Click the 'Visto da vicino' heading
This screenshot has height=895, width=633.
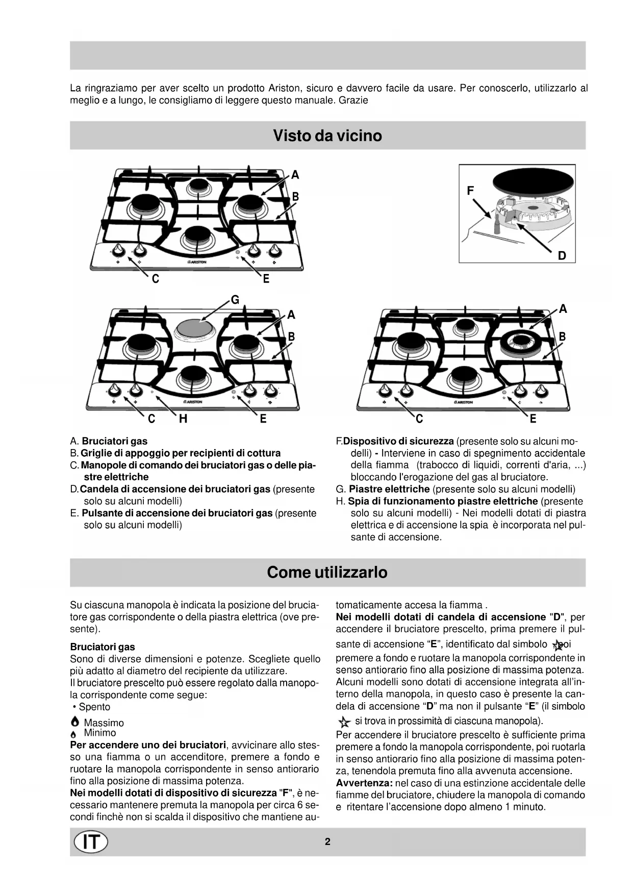[327, 136]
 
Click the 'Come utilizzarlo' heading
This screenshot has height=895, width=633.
[327, 572]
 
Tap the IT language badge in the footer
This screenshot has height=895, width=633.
[91, 842]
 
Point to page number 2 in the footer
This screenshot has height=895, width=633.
[327, 841]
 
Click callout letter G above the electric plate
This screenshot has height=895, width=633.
[235, 300]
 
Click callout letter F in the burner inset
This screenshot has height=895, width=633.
[470, 191]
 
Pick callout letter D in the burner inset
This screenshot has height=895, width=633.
[562, 256]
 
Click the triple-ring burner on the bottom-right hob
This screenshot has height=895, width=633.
[521, 341]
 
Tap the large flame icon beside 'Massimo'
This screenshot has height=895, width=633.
[75, 722]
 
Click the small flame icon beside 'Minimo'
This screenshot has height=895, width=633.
[74, 734]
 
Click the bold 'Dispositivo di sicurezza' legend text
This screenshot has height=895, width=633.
[398, 441]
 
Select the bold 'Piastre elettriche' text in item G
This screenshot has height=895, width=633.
[389, 489]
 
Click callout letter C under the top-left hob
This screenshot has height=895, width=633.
[156, 279]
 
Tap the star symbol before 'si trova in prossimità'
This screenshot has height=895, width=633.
[345, 722]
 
